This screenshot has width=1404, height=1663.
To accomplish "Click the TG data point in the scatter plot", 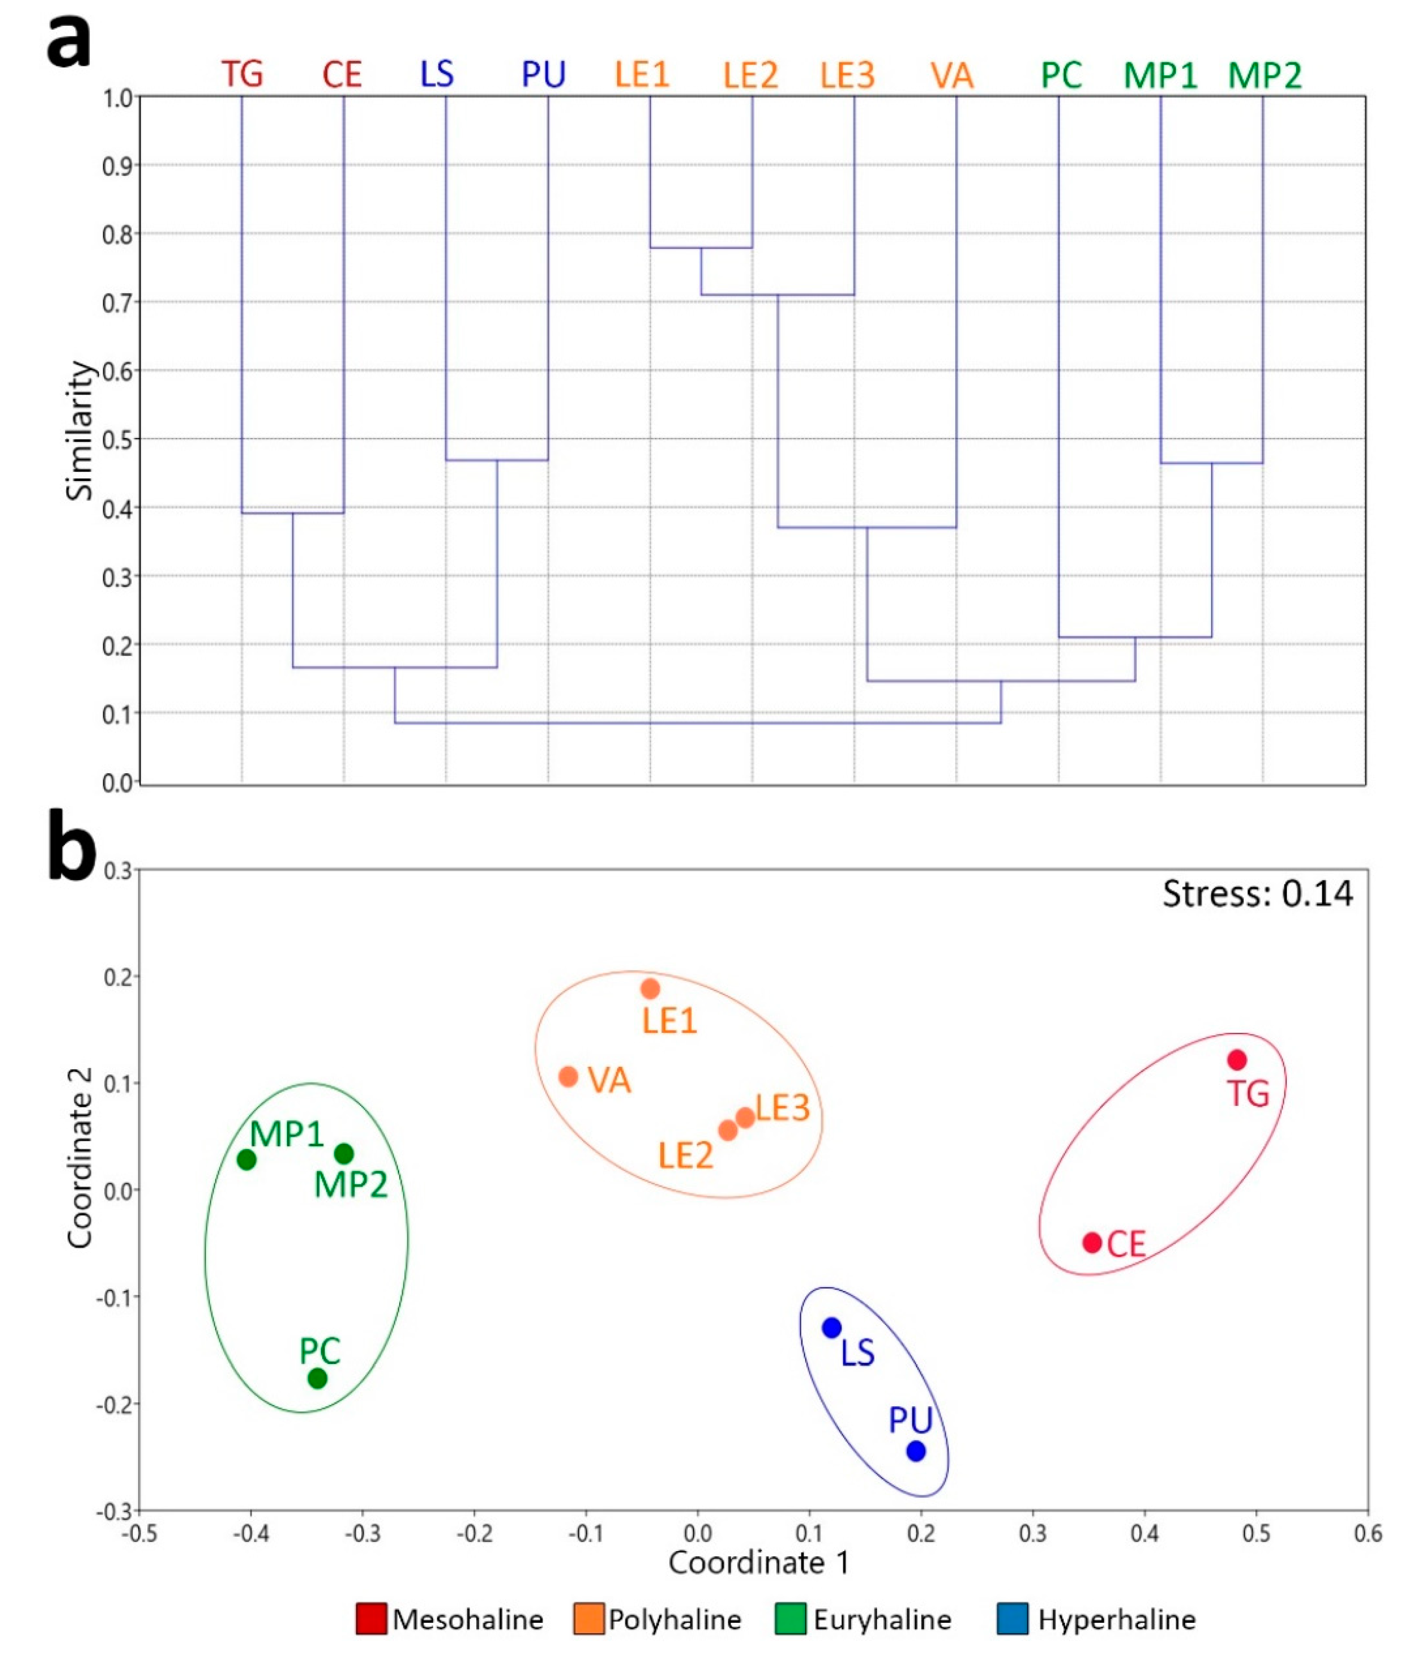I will tap(1236, 1060).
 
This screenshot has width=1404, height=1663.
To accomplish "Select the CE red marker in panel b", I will tap(1092, 1242).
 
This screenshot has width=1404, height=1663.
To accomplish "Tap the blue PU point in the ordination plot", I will tap(916, 1450).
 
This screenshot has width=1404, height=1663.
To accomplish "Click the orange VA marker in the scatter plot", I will tap(568, 1076).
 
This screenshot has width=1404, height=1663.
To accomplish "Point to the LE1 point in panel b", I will tap(650, 989).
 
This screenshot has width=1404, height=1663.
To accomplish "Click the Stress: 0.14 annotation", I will tap(1258, 894).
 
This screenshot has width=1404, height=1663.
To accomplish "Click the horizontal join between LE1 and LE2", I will tap(701, 248).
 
